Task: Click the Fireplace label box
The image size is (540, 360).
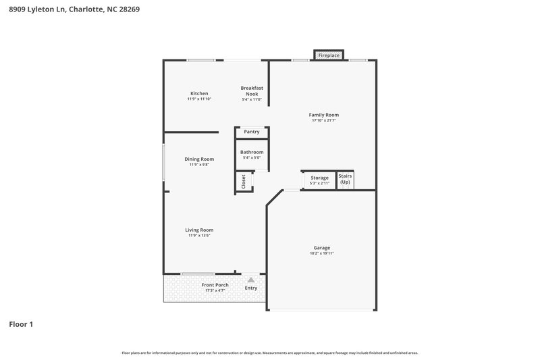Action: [329, 55]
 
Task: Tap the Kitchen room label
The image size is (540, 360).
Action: [199, 93]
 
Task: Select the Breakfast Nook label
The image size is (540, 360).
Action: [252, 91]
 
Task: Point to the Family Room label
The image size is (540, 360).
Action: [323, 115]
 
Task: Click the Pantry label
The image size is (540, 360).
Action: [252, 132]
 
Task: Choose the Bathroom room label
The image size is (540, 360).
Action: [252, 152]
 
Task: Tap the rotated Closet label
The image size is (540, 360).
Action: [243, 182]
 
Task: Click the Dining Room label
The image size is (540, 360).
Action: [199, 159]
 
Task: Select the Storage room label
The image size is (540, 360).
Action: [319, 178]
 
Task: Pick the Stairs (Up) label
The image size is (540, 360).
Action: [345, 179]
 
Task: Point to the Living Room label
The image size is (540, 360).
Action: [199, 230]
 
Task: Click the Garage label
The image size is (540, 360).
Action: [321, 248]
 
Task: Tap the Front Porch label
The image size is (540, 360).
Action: [215, 285]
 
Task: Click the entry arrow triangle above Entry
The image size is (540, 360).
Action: [250, 279]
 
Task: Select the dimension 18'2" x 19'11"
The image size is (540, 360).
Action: [321, 253]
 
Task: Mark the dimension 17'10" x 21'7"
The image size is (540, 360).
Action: [323, 120]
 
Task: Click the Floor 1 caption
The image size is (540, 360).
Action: [21, 324]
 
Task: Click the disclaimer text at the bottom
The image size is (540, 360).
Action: [270, 353]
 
